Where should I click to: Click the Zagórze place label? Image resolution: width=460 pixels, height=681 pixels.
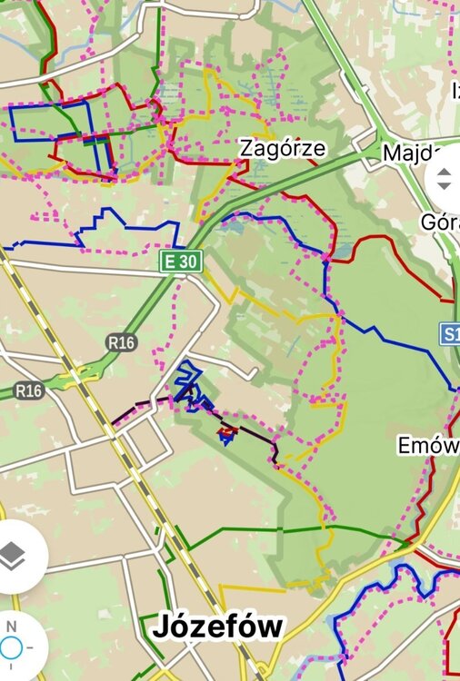pyautogui.click(x=281, y=148)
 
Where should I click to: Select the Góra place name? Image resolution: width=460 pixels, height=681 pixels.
pyautogui.click(x=440, y=222)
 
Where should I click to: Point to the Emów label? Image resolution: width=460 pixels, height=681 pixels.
pyautogui.click(x=428, y=446)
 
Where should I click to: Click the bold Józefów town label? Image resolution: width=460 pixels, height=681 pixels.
pyautogui.click(x=218, y=627)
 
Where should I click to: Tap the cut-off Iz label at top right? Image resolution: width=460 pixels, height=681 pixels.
pyautogui.click(x=455, y=90)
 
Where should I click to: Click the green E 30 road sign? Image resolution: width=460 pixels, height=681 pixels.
pyautogui.click(x=179, y=262)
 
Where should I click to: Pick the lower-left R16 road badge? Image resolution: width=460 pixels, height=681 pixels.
pyautogui.click(x=29, y=390)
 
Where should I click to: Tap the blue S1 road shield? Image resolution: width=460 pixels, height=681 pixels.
pyautogui.click(x=451, y=333)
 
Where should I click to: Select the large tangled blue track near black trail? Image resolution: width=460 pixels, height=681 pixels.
pyautogui.click(x=188, y=386)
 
